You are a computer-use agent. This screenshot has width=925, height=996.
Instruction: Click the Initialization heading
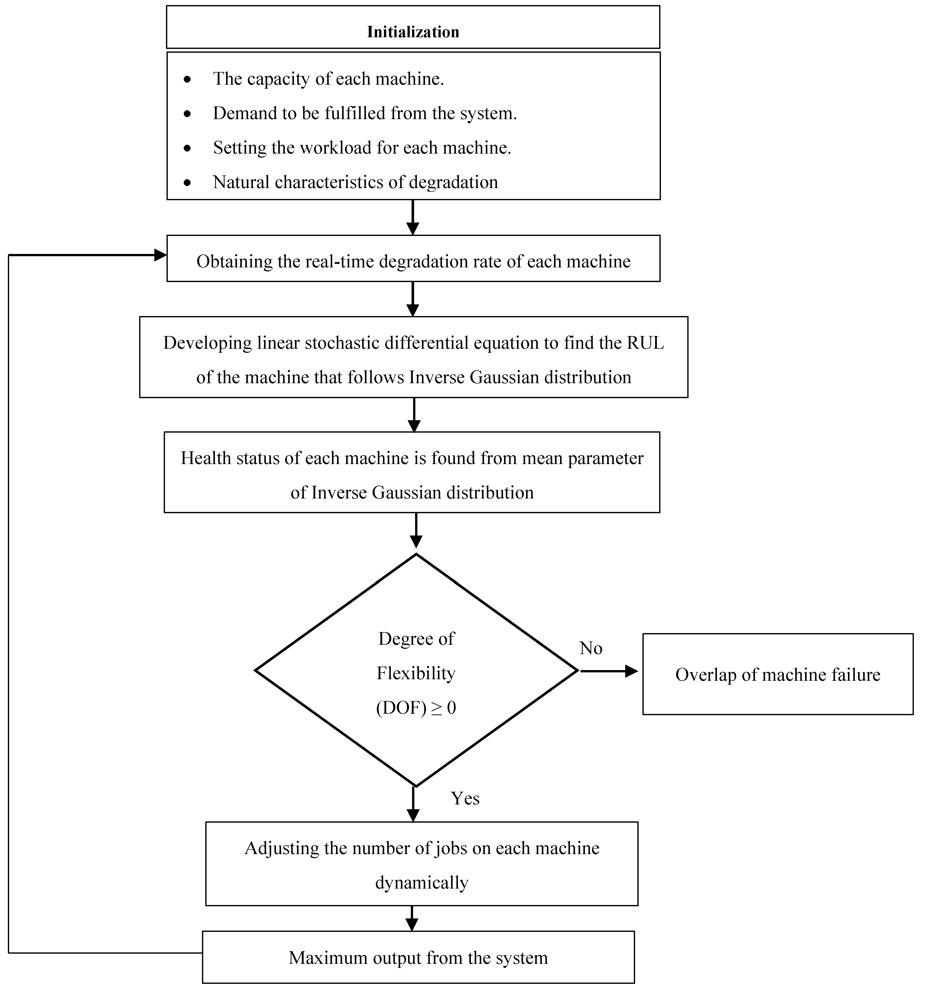[413, 32]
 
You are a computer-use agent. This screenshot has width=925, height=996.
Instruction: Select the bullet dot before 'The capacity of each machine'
[187, 79]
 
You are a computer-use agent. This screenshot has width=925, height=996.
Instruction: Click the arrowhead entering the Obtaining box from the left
[160, 255]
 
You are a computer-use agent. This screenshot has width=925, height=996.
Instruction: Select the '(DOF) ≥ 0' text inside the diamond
[416, 708]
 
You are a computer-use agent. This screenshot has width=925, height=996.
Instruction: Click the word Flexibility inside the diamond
[416, 674]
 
